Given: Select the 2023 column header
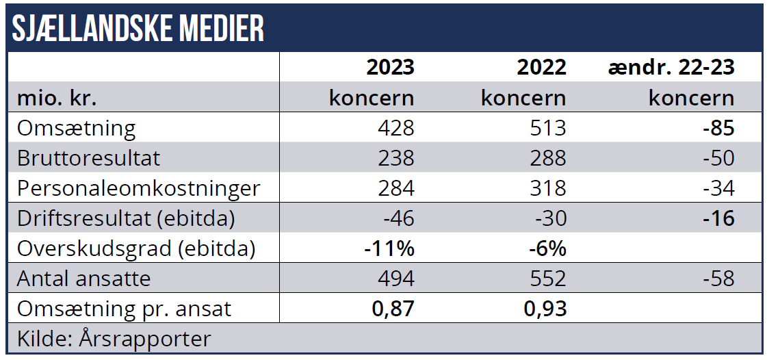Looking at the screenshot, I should [x=390, y=67].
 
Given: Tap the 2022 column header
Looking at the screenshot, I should [x=542, y=67].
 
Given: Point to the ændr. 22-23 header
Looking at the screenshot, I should [x=671, y=67].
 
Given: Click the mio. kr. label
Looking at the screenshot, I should [x=57, y=98].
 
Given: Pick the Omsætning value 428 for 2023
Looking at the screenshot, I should [x=395, y=128].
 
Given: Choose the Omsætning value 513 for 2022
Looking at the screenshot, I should [x=547, y=128].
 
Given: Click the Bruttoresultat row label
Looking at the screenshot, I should [x=88, y=158].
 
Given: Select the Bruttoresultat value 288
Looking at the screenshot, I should [x=547, y=158].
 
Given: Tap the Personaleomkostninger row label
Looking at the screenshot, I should [x=138, y=188].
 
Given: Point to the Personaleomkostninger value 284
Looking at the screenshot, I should [x=395, y=188].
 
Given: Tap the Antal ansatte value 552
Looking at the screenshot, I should [x=547, y=279].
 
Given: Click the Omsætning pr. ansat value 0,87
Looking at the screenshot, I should [x=393, y=309].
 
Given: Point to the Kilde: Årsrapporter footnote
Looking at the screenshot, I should [x=114, y=339].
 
